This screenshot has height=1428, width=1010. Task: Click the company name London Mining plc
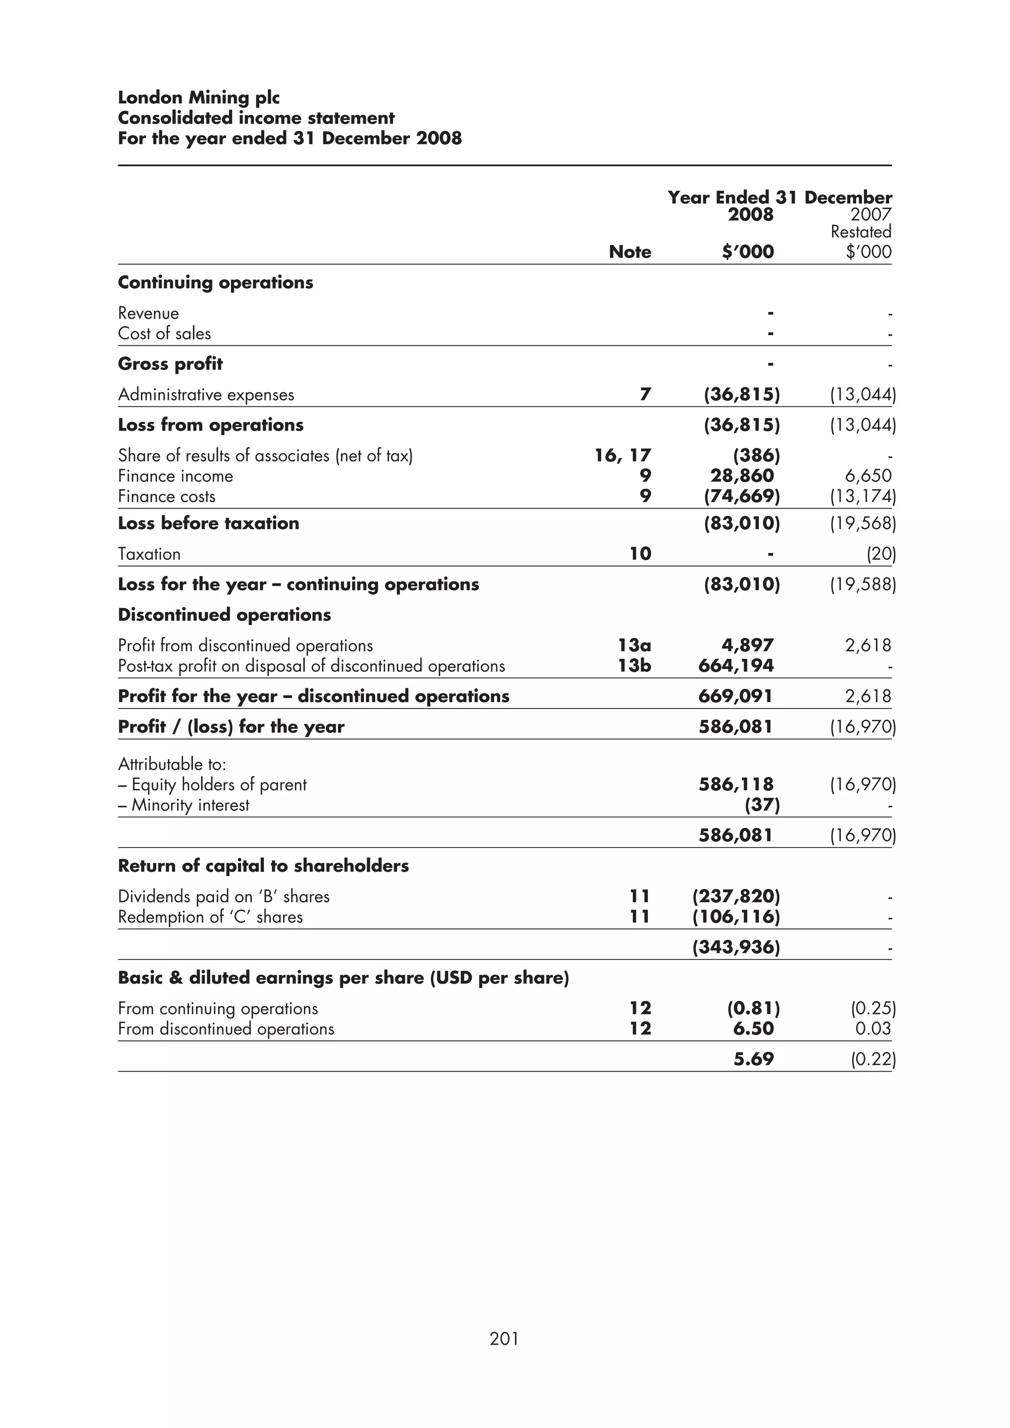click(199, 98)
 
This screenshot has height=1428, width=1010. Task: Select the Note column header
click(630, 252)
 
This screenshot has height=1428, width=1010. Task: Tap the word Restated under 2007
click(861, 232)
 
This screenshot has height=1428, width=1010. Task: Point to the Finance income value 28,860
click(742, 476)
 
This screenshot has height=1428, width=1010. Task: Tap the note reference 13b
click(634, 666)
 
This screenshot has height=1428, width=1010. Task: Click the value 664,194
click(736, 666)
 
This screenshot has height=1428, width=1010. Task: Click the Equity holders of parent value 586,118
click(736, 784)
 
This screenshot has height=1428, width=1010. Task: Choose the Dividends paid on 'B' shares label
click(223, 896)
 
